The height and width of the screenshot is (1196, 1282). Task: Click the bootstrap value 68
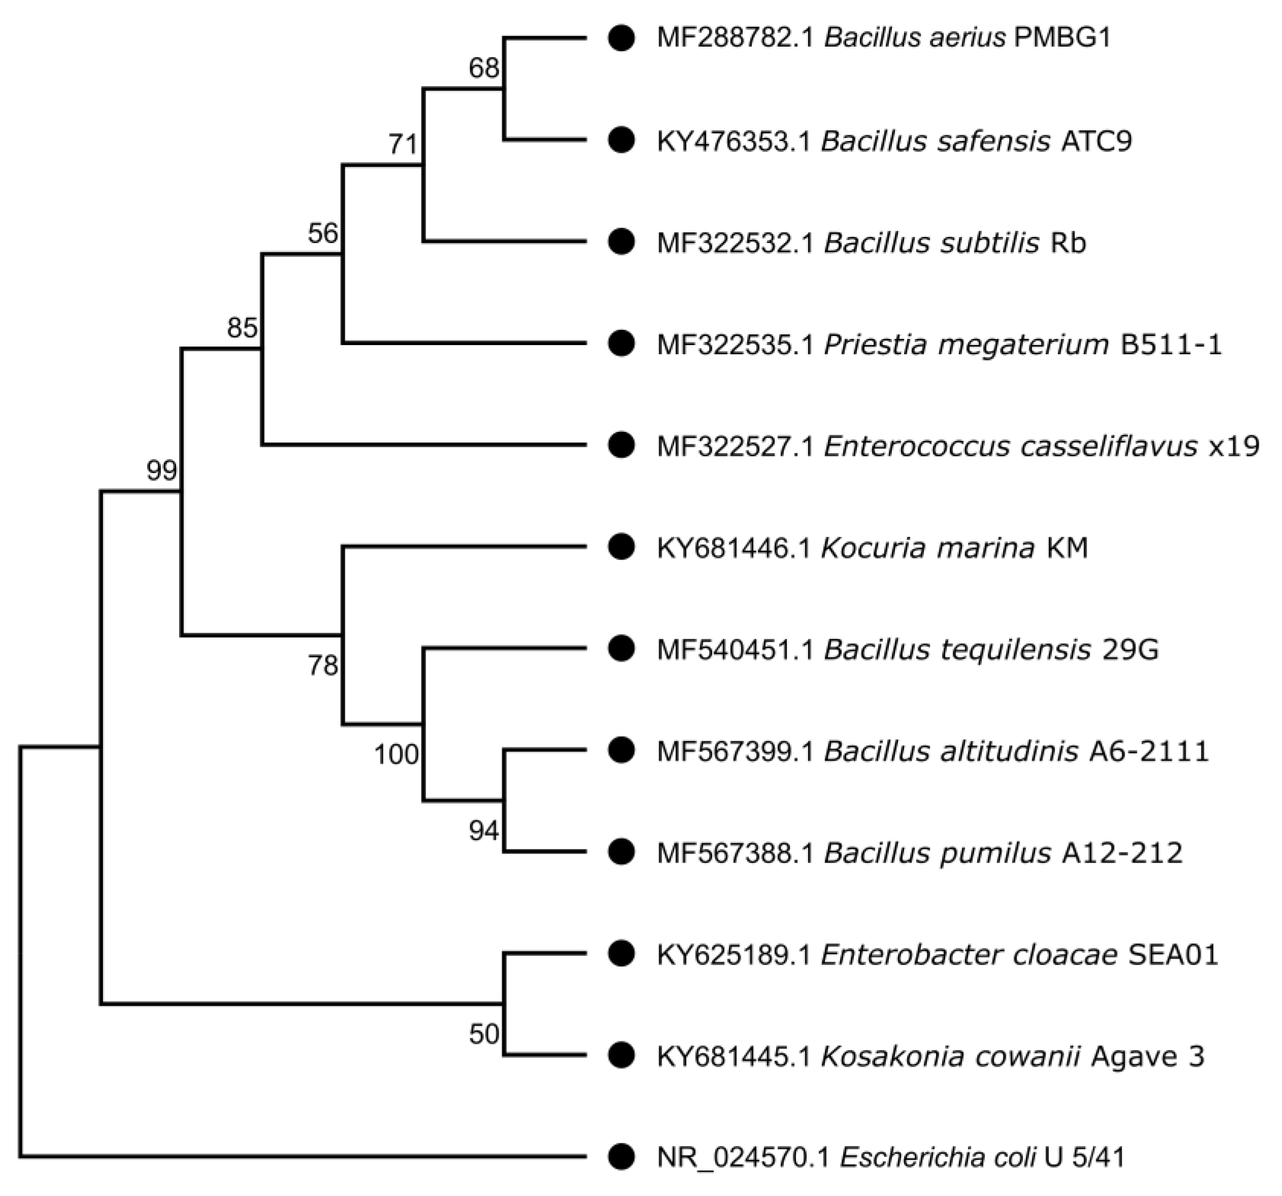tap(483, 67)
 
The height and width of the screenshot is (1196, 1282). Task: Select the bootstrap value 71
tap(403, 144)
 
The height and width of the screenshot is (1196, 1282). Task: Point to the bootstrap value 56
tap(323, 233)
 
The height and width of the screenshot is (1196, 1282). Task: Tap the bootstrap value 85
tap(242, 328)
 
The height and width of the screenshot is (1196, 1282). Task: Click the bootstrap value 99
tap(161, 470)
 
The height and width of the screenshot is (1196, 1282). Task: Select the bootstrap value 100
tap(396, 754)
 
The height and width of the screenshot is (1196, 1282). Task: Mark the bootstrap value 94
tap(483, 831)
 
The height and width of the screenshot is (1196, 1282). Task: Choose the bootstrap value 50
tap(483, 1034)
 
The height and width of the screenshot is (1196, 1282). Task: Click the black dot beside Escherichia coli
tap(621, 1156)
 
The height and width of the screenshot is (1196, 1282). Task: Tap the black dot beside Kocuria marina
tap(621, 547)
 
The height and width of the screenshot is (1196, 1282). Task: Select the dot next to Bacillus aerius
tap(621, 38)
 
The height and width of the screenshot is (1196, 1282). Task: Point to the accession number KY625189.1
tap(734, 955)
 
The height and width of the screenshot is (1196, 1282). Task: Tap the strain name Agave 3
tap(1148, 1056)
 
